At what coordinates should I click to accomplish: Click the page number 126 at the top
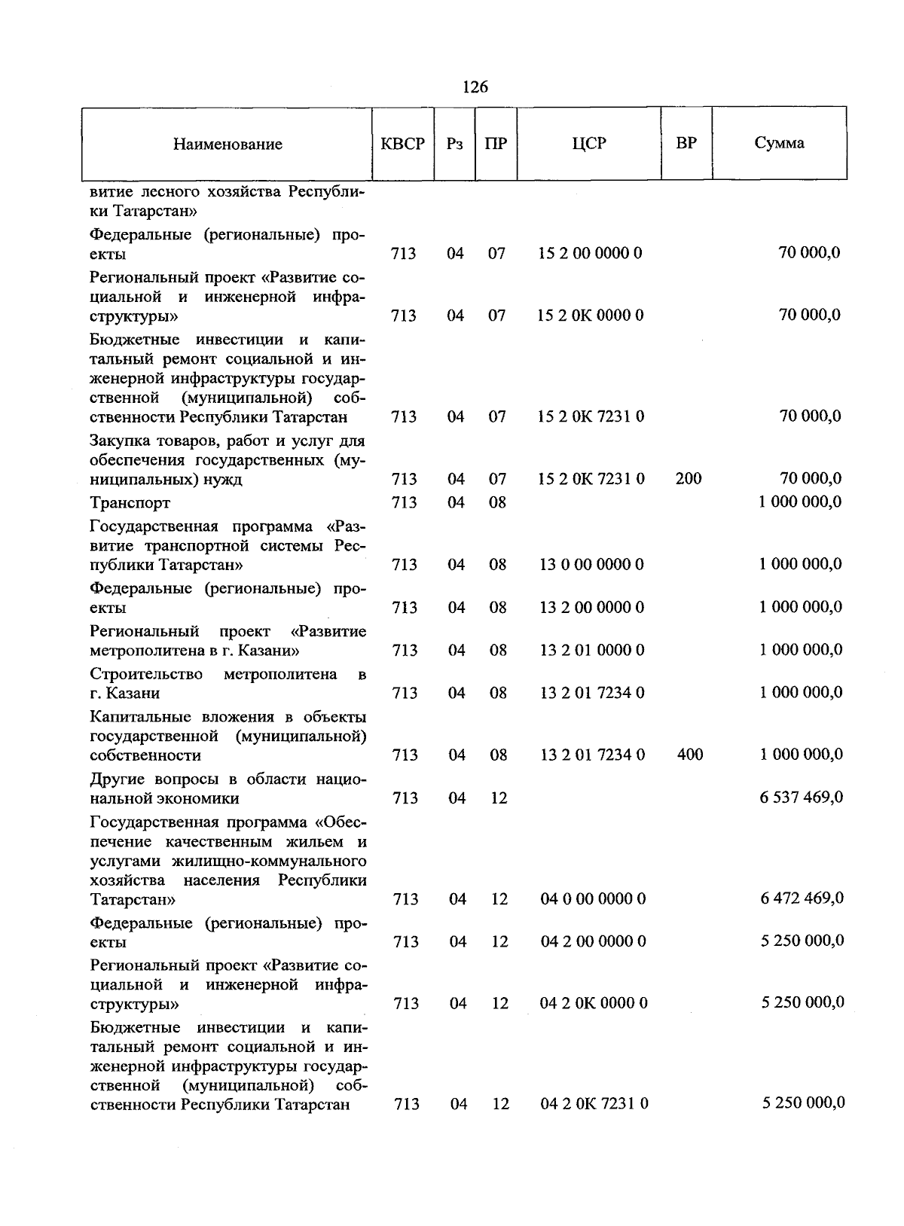tap(475, 87)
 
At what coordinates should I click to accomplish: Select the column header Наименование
tap(228, 144)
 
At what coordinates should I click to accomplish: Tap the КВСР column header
tap(403, 143)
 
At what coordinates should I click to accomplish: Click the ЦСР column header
tap(589, 143)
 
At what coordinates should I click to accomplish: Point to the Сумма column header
tap(779, 143)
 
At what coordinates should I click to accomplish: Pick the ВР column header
tap(686, 142)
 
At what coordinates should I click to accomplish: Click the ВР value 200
tap(689, 478)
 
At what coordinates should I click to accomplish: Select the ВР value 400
tap(690, 754)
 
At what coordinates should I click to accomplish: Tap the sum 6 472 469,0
tap(802, 898)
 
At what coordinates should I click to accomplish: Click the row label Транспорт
tap(130, 502)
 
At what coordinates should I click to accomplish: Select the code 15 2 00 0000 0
tap(591, 253)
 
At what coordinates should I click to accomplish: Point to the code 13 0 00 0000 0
tap(592, 564)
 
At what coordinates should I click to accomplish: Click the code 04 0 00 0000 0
tap(593, 898)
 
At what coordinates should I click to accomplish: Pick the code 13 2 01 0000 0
tap(592, 650)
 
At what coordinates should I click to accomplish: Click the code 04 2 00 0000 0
tap(593, 941)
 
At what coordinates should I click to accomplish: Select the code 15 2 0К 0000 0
tap(591, 315)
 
